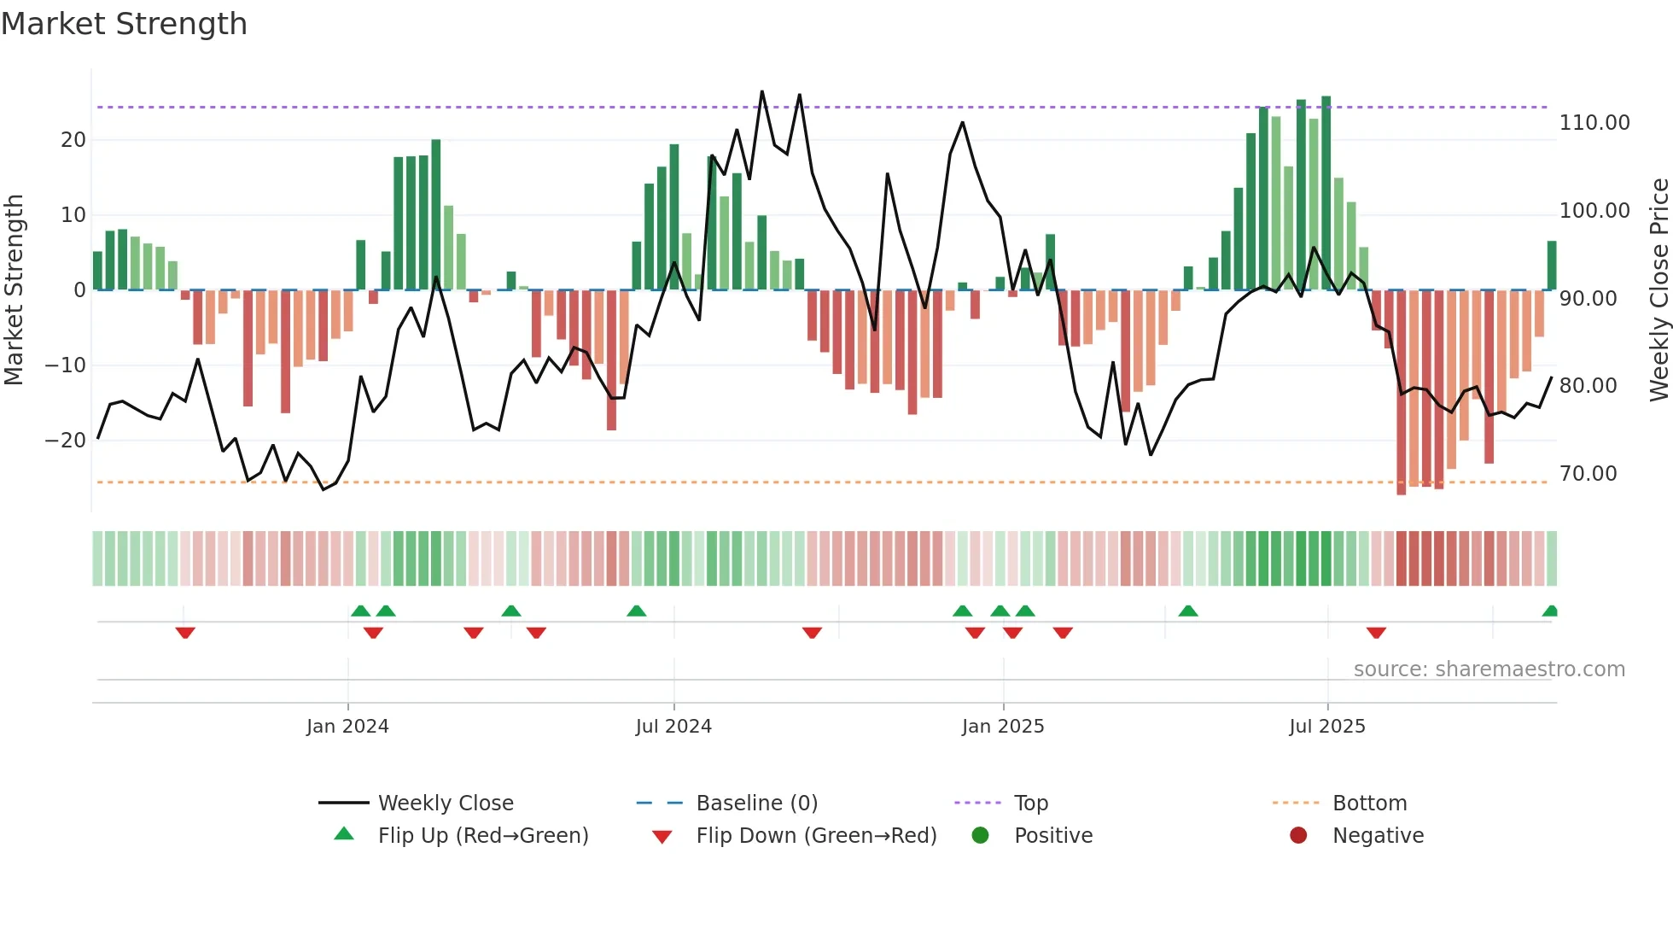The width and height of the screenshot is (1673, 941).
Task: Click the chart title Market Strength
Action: (124, 24)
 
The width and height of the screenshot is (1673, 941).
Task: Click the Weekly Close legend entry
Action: (445, 804)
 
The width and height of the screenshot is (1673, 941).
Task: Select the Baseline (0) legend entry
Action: (756, 804)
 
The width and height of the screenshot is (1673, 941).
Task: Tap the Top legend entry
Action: (1030, 804)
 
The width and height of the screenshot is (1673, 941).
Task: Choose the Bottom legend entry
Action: (1369, 804)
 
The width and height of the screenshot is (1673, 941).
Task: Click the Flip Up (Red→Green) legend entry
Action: (482, 836)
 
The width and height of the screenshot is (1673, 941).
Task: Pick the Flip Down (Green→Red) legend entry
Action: (815, 836)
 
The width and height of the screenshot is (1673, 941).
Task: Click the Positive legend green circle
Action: (981, 836)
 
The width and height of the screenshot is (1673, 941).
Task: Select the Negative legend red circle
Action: (1298, 836)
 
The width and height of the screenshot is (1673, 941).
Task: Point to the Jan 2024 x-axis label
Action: (347, 727)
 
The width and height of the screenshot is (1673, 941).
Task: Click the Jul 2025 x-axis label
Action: (1327, 727)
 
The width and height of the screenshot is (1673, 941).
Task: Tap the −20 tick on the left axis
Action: (66, 441)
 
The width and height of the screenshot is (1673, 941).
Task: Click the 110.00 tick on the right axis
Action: (1594, 123)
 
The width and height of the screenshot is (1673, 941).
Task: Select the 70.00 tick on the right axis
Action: (1588, 474)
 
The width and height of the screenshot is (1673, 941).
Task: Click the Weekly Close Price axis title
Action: (1658, 290)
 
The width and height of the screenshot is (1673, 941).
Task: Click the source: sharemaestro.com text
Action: (1489, 669)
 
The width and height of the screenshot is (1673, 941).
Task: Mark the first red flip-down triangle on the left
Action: (185, 633)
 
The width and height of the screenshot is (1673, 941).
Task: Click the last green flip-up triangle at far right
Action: (1550, 611)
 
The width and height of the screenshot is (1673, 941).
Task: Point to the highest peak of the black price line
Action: (762, 91)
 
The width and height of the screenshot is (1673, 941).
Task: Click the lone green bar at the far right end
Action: (1552, 266)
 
